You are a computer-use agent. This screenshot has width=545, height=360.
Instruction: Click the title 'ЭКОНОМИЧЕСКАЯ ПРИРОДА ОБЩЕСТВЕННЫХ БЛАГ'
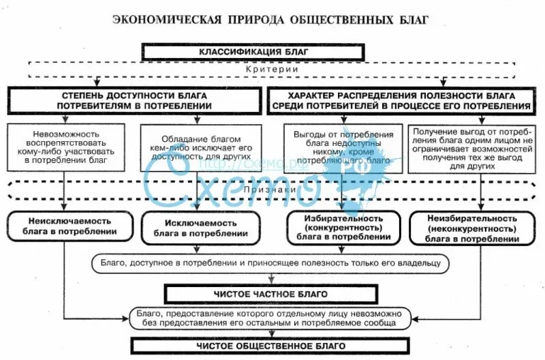coord(270,18)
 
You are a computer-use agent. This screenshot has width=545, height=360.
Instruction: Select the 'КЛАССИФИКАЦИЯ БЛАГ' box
coord(253,52)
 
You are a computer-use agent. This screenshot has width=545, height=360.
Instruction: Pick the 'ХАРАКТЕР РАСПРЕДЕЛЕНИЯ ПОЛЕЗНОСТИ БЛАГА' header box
coord(401,101)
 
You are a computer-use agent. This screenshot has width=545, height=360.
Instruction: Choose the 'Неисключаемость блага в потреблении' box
coord(70,227)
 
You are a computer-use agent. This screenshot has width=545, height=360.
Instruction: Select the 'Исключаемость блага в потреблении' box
coord(200,228)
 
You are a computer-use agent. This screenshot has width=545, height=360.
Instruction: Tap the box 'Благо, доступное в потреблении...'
coord(270,262)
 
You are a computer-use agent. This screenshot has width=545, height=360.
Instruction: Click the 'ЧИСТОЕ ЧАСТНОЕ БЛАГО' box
coord(270,294)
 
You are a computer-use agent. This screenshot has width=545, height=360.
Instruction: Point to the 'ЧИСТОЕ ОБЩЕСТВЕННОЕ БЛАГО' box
coord(270,346)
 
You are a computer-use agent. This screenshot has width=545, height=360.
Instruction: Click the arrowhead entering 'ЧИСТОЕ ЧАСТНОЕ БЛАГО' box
coord(271,281)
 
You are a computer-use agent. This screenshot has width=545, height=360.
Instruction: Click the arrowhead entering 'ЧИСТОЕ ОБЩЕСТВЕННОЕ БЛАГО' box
coord(271,334)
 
